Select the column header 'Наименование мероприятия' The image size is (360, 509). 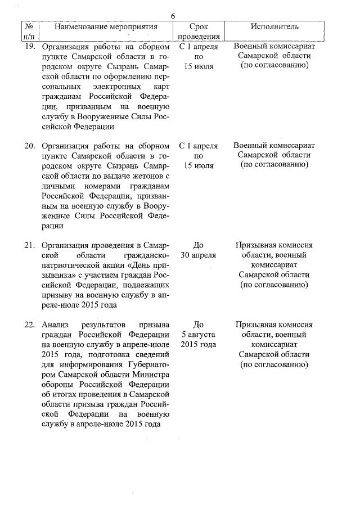pos(105,26)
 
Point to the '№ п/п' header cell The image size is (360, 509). pos(28,31)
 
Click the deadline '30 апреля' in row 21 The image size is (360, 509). pos(198,255)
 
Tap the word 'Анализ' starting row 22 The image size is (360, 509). pos(56,325)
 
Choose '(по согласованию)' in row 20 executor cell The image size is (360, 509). pos(274,165)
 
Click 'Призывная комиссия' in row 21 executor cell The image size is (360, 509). pos(274,245)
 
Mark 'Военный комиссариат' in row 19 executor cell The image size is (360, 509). pos(274,47)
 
